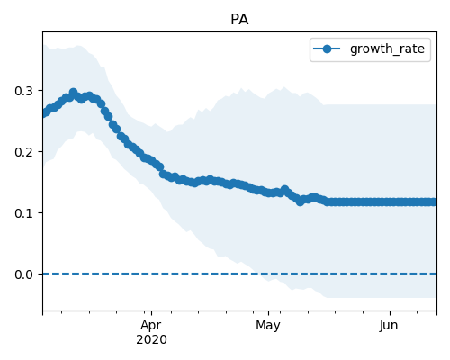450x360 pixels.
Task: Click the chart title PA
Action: click(239, 20)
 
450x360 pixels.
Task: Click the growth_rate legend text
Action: click(387, 49)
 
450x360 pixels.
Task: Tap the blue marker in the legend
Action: click(327, 49)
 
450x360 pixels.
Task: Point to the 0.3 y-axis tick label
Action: click(23, 91)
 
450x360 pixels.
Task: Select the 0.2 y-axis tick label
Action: click(23, 152)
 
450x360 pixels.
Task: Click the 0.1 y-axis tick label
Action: click(23, 213)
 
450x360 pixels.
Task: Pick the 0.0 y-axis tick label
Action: click(23, 274)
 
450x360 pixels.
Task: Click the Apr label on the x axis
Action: click(151, 326)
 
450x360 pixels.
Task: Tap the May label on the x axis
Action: click(268, 326)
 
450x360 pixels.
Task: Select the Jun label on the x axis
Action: click(389, 326)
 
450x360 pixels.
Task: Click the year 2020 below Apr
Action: click(151, 340)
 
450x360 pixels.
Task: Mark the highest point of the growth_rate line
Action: click(73, 92)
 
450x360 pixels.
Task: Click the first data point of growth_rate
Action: click(44, 113)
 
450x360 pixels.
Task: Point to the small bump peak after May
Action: click(284, 190)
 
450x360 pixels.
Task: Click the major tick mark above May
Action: click(268, 313)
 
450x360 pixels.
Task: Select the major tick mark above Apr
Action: click(152, 313)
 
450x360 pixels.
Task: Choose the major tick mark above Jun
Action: click(390, 313)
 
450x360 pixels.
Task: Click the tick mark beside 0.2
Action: click(40, 151)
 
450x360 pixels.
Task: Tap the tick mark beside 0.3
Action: click(40, 90)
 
